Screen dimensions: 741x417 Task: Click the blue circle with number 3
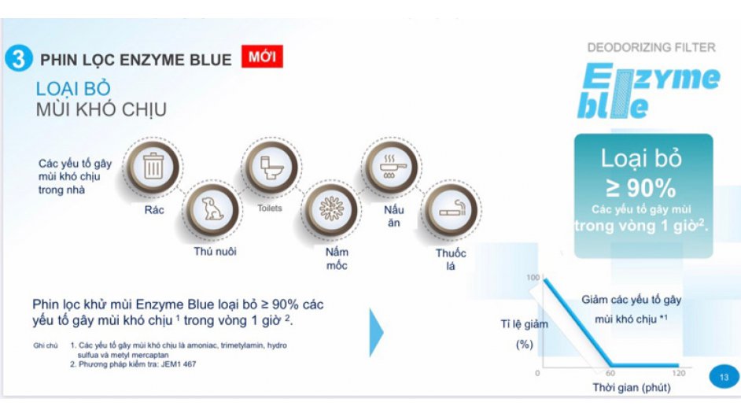coord(19,59)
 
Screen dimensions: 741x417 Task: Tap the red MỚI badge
coord(262,57)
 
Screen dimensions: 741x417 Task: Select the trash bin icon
coord(153,166)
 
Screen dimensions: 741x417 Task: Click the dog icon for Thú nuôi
coord(212,208)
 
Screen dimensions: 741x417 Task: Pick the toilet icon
coord(271,168)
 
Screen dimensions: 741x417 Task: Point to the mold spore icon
coord(331,208)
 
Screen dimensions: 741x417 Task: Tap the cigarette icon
coord(452,208)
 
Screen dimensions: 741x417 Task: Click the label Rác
coord(154,210)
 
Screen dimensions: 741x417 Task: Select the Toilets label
coord(270,208)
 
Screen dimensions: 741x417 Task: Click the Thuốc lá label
coord(451,260)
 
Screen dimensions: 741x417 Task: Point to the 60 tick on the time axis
coord(610,373)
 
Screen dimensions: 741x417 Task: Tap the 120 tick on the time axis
coord(679,373)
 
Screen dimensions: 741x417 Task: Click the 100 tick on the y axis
coord(533,278)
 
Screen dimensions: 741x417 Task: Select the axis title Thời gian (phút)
coord(632,388)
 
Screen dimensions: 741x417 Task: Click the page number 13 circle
coord(724,377)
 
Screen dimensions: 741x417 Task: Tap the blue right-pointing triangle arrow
coord(376,332)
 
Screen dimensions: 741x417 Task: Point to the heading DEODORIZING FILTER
coord(651,47)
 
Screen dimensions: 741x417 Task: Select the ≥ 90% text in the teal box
coord(641,188)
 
